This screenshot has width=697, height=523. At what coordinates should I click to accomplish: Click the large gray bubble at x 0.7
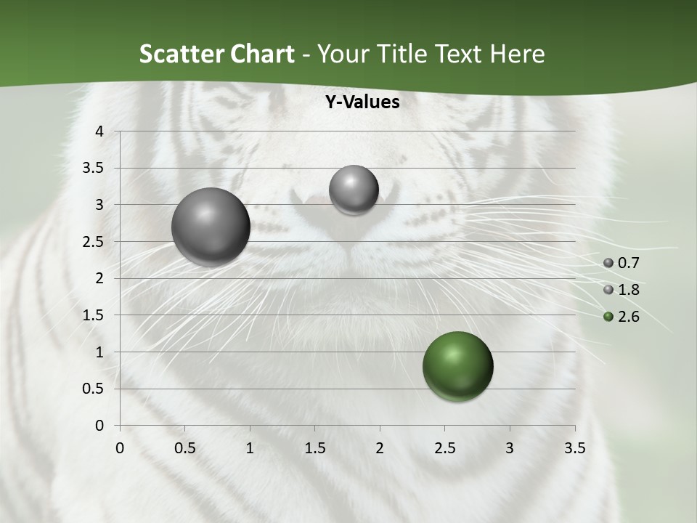coord(211,227)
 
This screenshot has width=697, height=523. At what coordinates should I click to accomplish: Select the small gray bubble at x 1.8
coord(354,190)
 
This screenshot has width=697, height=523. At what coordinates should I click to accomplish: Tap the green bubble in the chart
coord(457,366)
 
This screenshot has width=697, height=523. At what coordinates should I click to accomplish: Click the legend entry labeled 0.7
coord(621,263)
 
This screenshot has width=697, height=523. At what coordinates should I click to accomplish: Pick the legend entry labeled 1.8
coord(621,290)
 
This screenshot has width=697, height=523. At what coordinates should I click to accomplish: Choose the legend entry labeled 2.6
coord(621,317)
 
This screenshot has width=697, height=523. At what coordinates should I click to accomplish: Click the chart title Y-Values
coord(362,102)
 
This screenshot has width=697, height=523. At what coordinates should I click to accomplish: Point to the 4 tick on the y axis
coord(99,131)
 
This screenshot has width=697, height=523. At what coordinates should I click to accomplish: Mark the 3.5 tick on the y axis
coord(94,168)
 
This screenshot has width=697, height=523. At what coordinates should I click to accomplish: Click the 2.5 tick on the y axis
coord(94,242)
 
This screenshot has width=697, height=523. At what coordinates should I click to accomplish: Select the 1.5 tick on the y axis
coord(94,315)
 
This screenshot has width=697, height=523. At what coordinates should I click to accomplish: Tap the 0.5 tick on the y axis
coord(94,389)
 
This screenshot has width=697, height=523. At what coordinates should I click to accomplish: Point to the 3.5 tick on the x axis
coord(574,448)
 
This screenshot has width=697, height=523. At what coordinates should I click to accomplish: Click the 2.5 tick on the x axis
coord(444,448)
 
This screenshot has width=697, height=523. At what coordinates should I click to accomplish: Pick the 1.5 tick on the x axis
coord(314,448)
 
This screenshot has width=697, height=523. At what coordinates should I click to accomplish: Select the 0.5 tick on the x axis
coord(184,448)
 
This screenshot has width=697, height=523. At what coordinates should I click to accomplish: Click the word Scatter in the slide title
coord(179,54)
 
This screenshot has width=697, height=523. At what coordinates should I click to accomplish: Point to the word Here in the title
coord(518,54)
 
